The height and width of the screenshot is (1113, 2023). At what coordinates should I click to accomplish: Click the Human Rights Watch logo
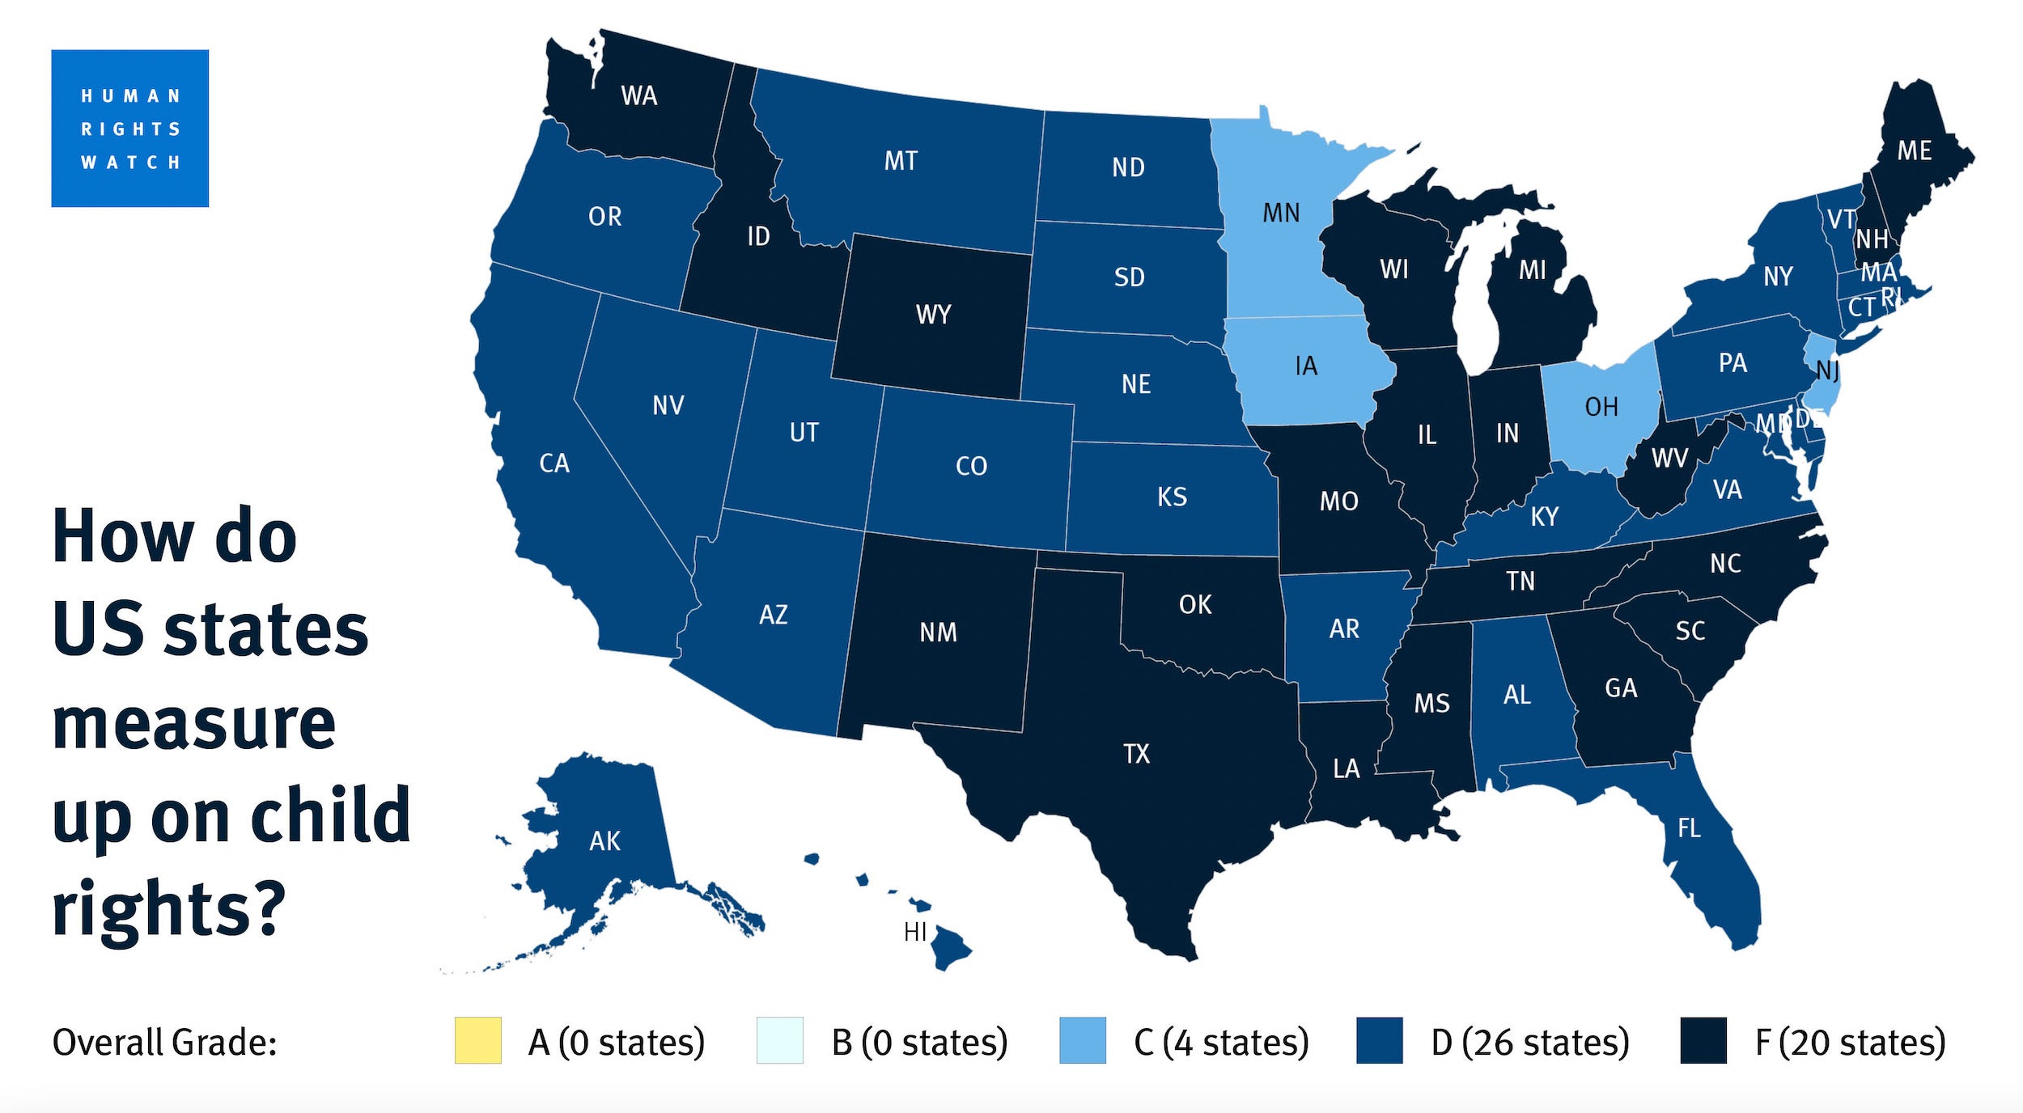[129, 128]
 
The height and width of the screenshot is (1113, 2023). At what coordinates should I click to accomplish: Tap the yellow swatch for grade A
[477, 1040]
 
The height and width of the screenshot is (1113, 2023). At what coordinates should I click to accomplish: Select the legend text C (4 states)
[1221, 1042]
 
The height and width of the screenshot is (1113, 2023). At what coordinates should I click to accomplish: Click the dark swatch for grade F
[1703, 1040]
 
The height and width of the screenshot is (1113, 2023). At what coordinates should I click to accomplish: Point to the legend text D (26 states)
[1529, 1042]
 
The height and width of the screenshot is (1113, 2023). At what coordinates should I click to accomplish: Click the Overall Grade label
[164, 1042]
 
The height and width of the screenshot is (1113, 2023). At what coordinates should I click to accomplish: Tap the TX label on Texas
[1136, 754]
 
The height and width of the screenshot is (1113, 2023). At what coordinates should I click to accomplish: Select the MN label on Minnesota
[1281, 213]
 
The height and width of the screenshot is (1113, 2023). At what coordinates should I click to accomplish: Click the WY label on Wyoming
[933, 314]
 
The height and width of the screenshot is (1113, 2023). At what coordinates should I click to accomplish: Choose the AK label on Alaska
[604, 841]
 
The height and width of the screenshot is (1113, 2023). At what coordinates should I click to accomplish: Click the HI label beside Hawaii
[914, 932]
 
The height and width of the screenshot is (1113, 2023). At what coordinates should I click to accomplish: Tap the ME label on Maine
[1914, 150]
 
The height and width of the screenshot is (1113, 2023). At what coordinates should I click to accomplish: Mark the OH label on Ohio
[1601, 407]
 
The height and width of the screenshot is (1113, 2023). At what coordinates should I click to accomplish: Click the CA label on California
[554, 463]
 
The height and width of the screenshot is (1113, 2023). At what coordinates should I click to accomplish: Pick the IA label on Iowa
[1306, 366]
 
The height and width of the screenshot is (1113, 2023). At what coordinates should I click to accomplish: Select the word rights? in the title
[169, 908]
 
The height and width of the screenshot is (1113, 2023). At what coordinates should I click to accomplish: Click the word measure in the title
[193, 723]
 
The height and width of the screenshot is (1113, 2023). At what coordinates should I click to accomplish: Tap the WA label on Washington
[638, 95]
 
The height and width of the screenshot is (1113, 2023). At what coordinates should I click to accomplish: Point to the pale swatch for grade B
[779, 1040]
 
